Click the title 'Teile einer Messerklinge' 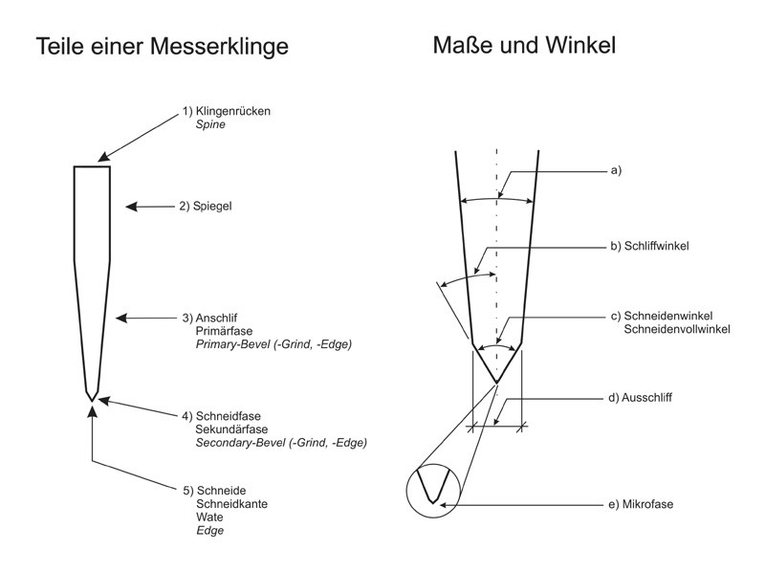[162, 46]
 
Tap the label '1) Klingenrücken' [227, 111]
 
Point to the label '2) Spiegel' [207, 206]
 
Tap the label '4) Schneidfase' [221, 416]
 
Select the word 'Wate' [208, 517]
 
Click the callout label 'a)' [616, 170]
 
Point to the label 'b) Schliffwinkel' [650, 246]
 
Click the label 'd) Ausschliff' [644, 396]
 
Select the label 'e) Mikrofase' [643, 503]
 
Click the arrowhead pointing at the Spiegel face [130, 206]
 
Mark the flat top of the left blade [92, 167]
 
